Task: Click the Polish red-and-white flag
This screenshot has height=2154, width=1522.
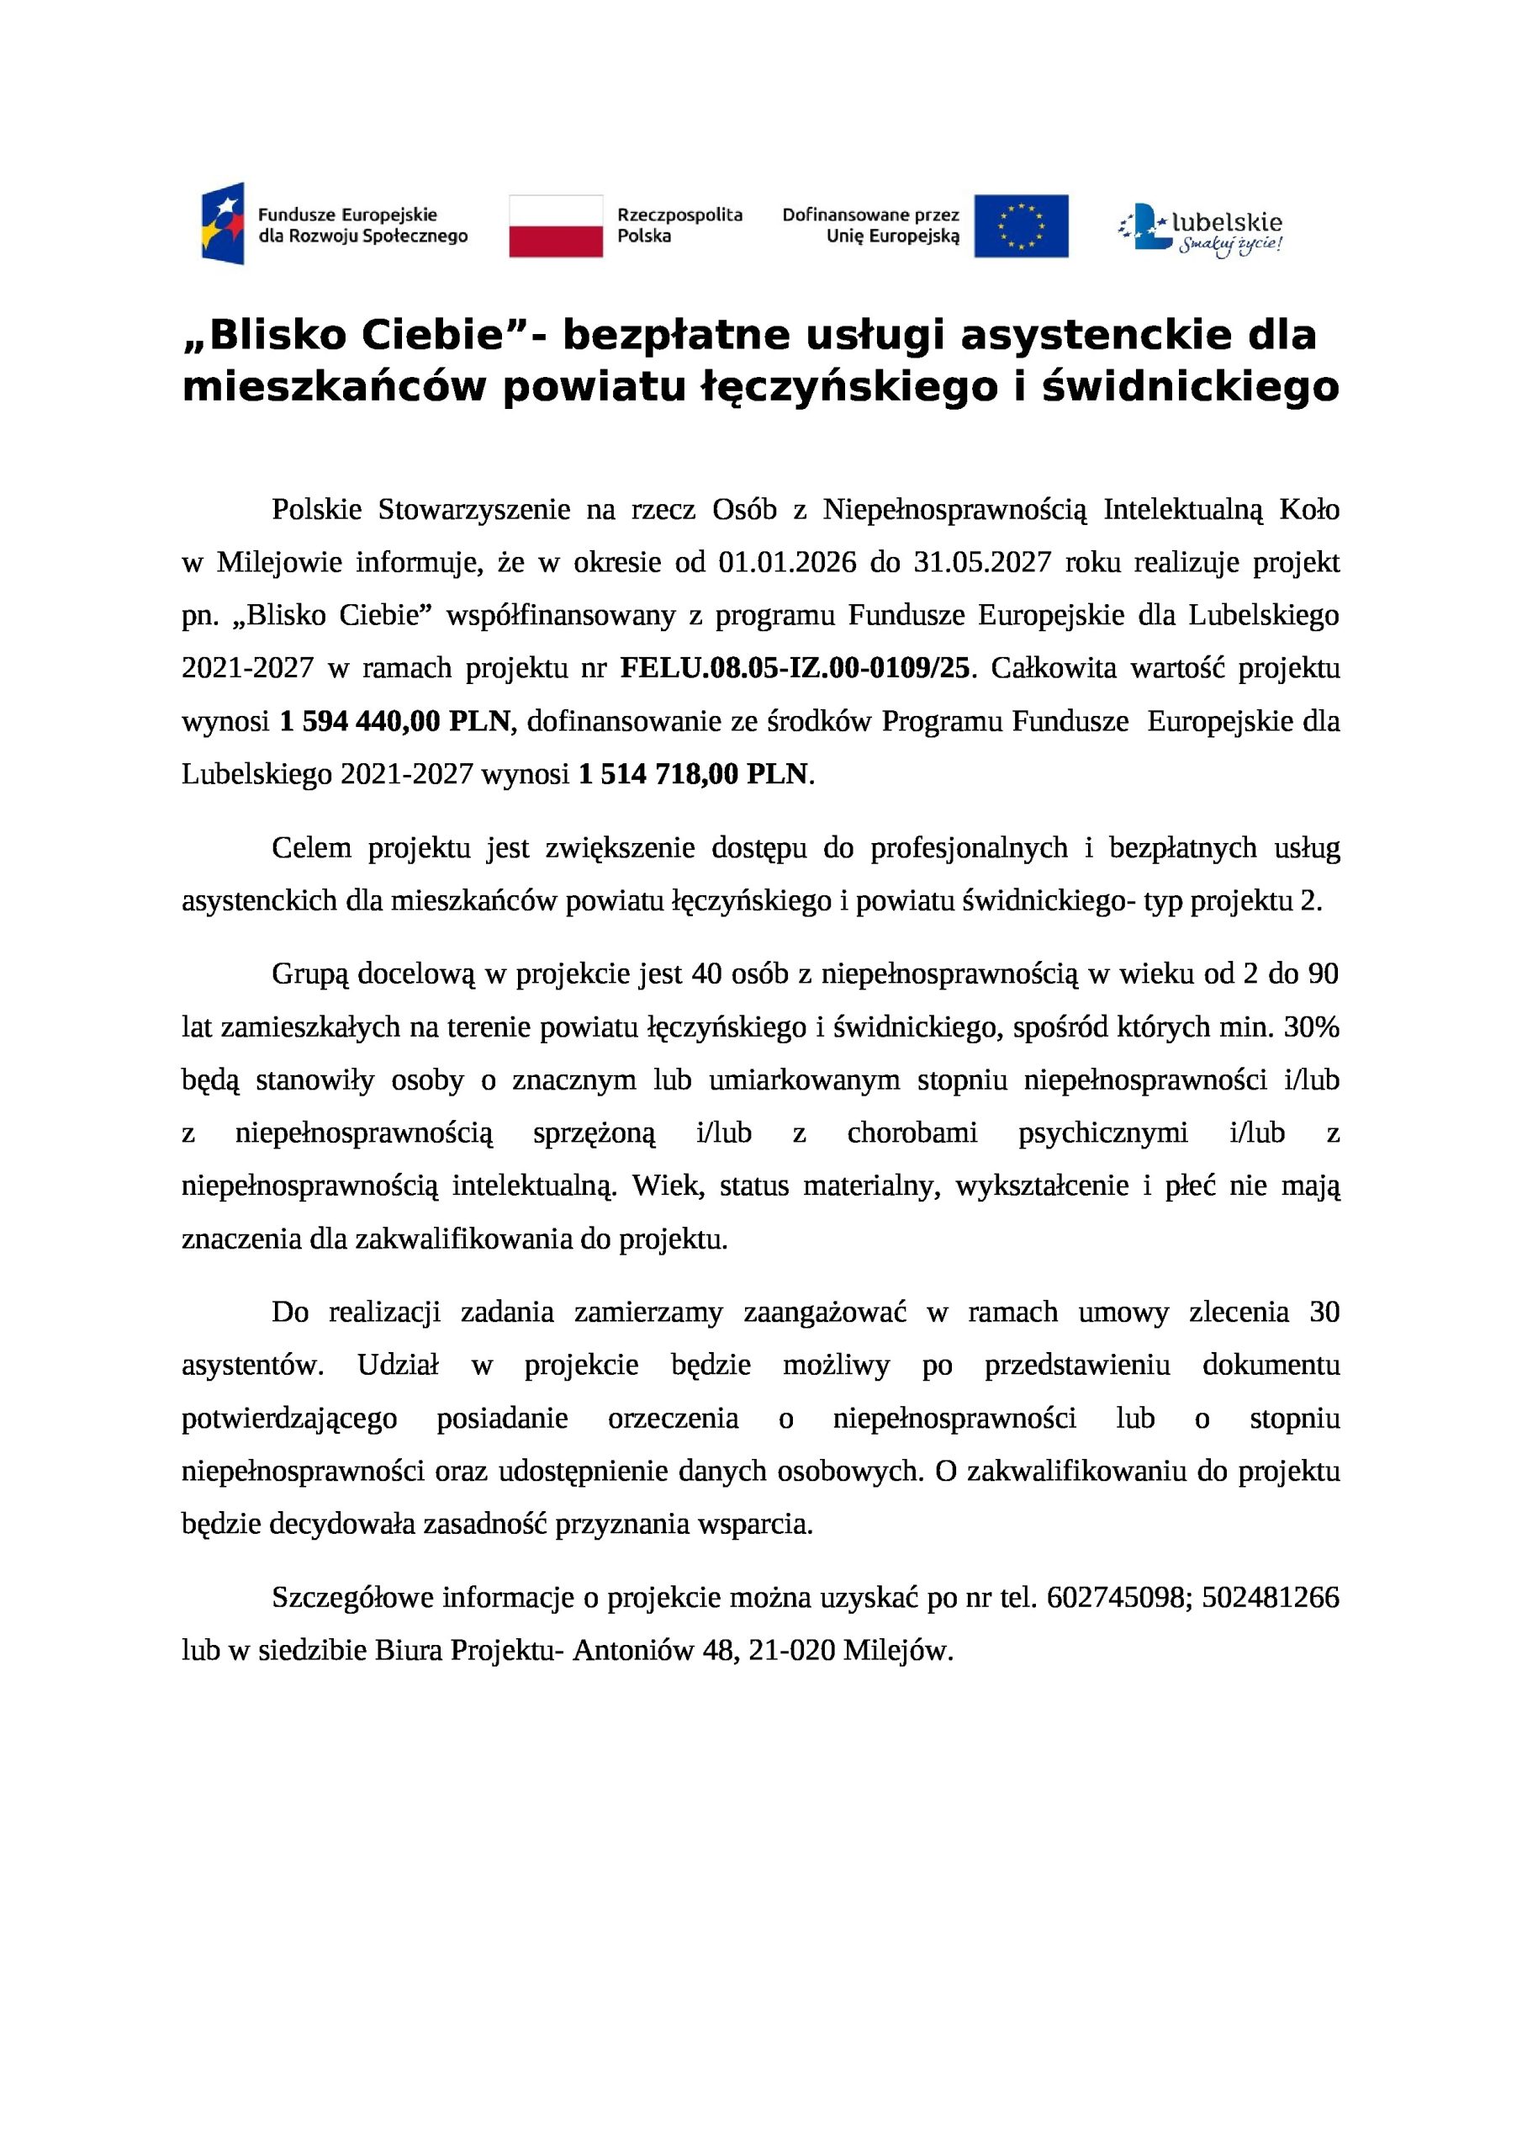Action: click(555, 225)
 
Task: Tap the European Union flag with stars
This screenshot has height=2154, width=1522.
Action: click(1020, 225)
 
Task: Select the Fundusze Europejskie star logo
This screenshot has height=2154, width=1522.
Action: click(223, 224)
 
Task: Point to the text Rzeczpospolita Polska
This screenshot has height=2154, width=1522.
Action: click(679, 225)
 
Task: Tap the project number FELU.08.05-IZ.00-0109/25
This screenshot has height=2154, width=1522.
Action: click(795, 668)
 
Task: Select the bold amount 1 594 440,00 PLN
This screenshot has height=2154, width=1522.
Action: click(395, 720)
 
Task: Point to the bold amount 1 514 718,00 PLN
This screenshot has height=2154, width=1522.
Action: click(693, 774)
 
